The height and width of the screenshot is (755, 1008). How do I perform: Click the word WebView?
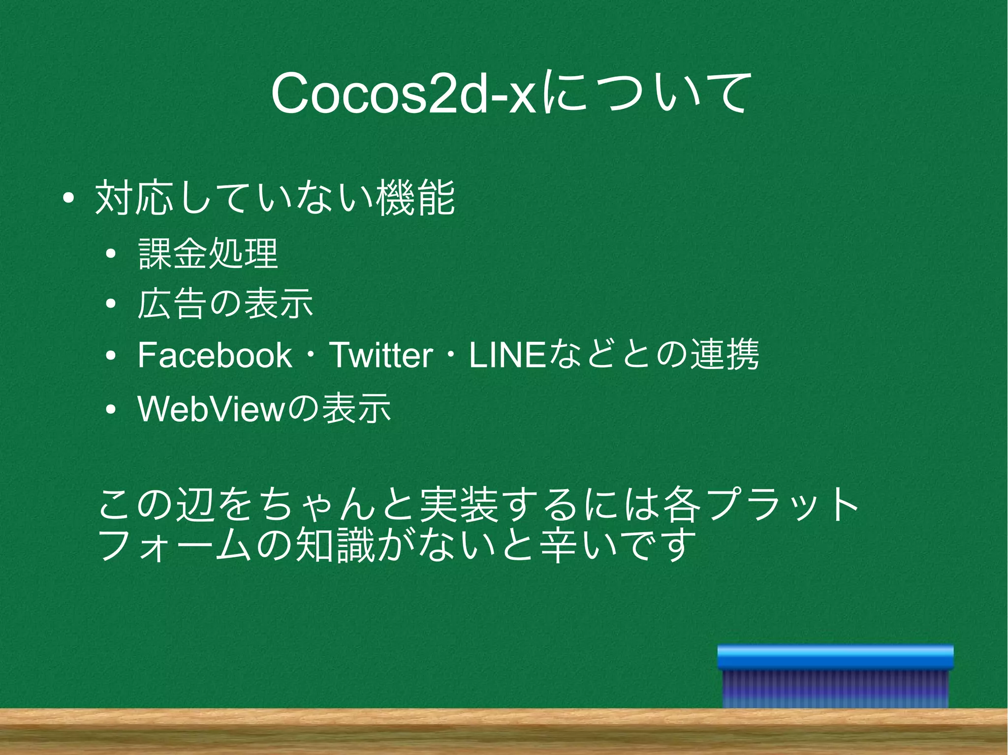(x=210, y=408)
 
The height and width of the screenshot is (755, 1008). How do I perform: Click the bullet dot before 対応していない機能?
(x=68, y=199)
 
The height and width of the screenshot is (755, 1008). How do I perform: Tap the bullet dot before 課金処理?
(x=111, y=254)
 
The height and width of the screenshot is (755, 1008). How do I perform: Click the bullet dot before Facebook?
(x=111, y=356)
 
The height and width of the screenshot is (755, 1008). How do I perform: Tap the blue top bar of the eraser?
(x=835, y=657)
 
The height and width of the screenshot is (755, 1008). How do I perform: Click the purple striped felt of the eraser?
(x=835, y=689)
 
